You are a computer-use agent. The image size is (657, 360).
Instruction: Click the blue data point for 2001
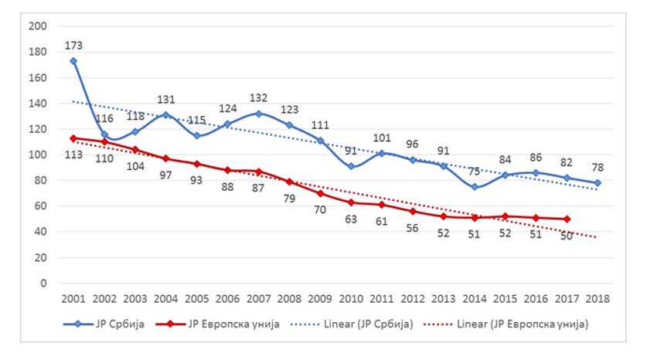pyautogui.click(x=73, y=61)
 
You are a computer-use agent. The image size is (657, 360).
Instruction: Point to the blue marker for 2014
pyautogui.click(x=474, y=187)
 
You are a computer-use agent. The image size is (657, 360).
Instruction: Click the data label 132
pyautogui.click(x=259, y=99)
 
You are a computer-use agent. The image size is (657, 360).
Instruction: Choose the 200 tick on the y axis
pyautogui.click(x=36, y=26)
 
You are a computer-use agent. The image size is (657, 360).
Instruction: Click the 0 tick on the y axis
pyautogui.click(x=43, y=283)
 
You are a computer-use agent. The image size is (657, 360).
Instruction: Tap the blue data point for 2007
pyautogui.click(x=257, y=114)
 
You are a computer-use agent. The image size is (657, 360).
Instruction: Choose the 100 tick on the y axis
pyautogui.click(x=36, y=155)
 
